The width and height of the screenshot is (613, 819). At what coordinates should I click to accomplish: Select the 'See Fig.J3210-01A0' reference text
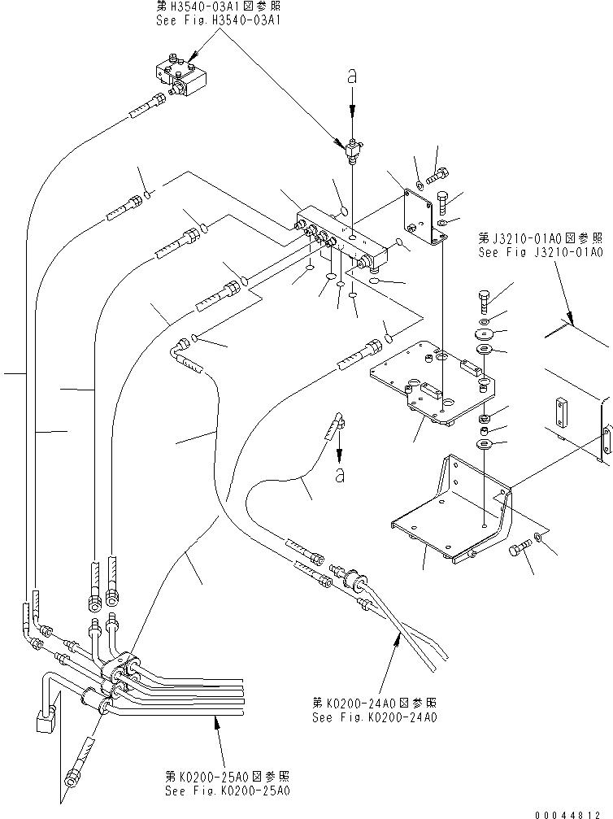pos(540,253)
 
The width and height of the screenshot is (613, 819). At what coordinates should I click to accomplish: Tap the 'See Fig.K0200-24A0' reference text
pos(375,717)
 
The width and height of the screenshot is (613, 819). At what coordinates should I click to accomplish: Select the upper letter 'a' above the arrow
pos(351,76)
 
